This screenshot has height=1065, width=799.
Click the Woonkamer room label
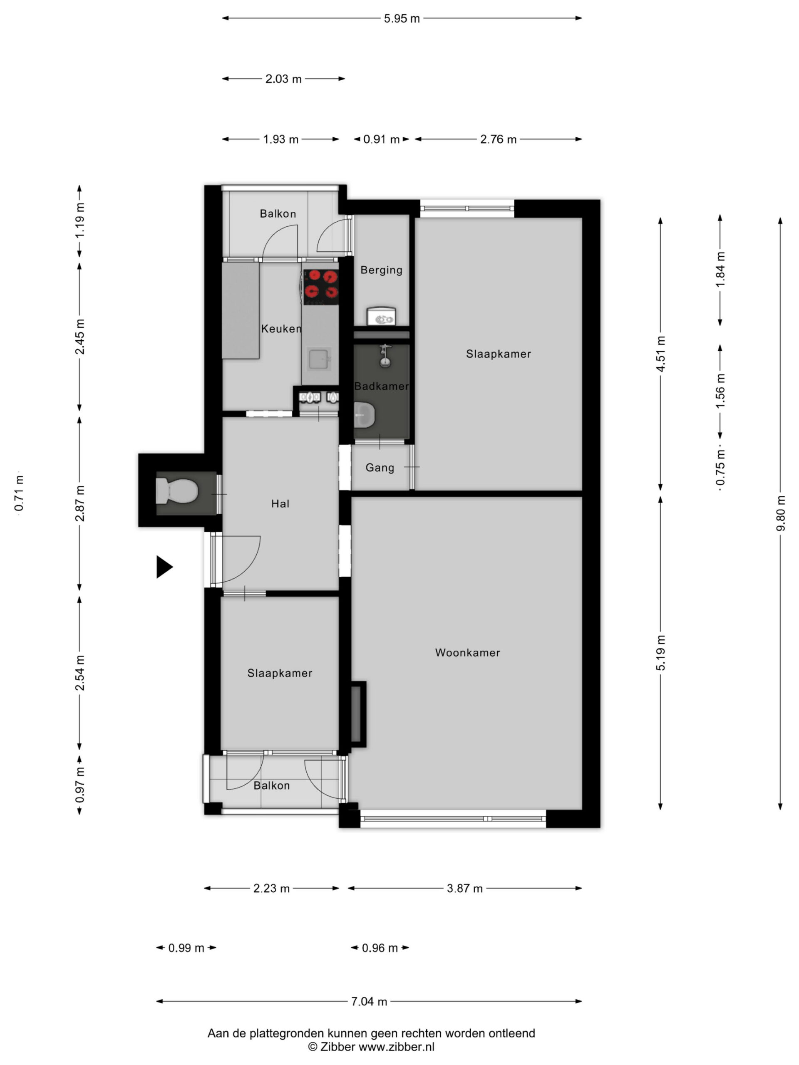(x=467, y=652)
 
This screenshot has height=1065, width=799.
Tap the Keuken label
(x=281, y=328)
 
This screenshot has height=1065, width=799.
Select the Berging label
(x=382, y=270)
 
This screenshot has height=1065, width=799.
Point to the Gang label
(x=380, y=468)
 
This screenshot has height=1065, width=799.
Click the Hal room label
(x=280, y=504)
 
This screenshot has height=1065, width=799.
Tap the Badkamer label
(x=382, y=386)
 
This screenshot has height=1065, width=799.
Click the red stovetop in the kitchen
(x=321, y=287)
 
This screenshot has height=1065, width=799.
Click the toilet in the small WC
(x=177, y=490)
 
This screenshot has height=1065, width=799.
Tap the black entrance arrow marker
(x=164, y=567)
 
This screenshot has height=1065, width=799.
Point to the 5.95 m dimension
(x=402, y=19)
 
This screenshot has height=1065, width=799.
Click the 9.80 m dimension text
(x=780, y=513)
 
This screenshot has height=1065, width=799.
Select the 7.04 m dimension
(x=369, y=1001)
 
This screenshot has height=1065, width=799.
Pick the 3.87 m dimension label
(x=464, y=888)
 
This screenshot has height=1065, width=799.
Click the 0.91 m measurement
(x=381, y=140)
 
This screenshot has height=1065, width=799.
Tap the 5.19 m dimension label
(x=661, y=652)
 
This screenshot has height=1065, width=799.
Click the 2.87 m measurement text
(x=80, y=504)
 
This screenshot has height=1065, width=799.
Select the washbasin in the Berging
(x=381, y=317)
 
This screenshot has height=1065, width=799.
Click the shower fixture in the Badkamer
(x=385, y=356)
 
